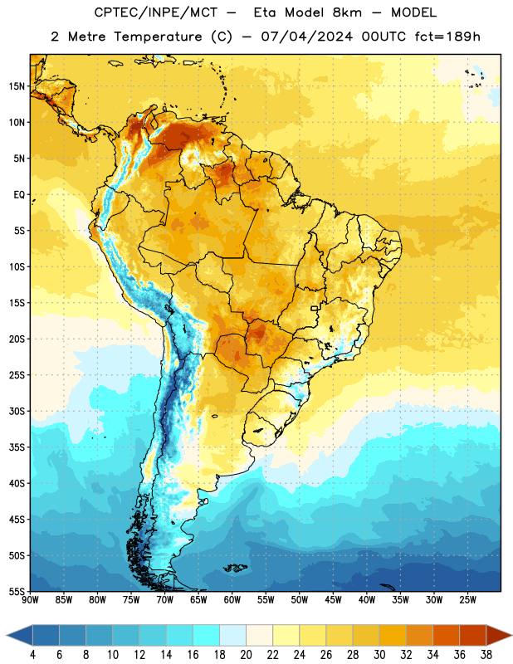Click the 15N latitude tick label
[17, 86]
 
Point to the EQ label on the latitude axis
[19, 195]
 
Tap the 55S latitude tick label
[17, 592]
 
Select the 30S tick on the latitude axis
[17, 412]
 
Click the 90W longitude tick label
[30, 600]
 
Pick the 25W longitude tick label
[467, 600]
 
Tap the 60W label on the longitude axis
[232, 600]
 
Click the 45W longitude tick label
[333, 600]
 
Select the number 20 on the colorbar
[246, 655]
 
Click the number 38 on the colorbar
[486, 655]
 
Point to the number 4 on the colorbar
[32, 655]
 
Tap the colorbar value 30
[379, 655]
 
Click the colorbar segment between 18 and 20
[232, 636]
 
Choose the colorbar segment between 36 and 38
[473, 636]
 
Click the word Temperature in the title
[158, 37]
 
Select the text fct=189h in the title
[447, 37]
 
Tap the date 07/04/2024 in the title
[306, 37]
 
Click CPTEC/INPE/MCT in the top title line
[156, 12]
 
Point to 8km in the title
[347, 12]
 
